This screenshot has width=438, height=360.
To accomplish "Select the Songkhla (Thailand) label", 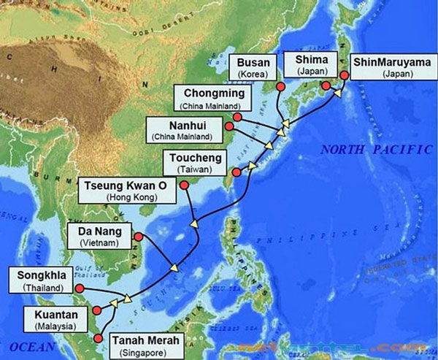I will point(40,280).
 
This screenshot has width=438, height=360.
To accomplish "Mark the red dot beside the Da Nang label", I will point(137,235).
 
